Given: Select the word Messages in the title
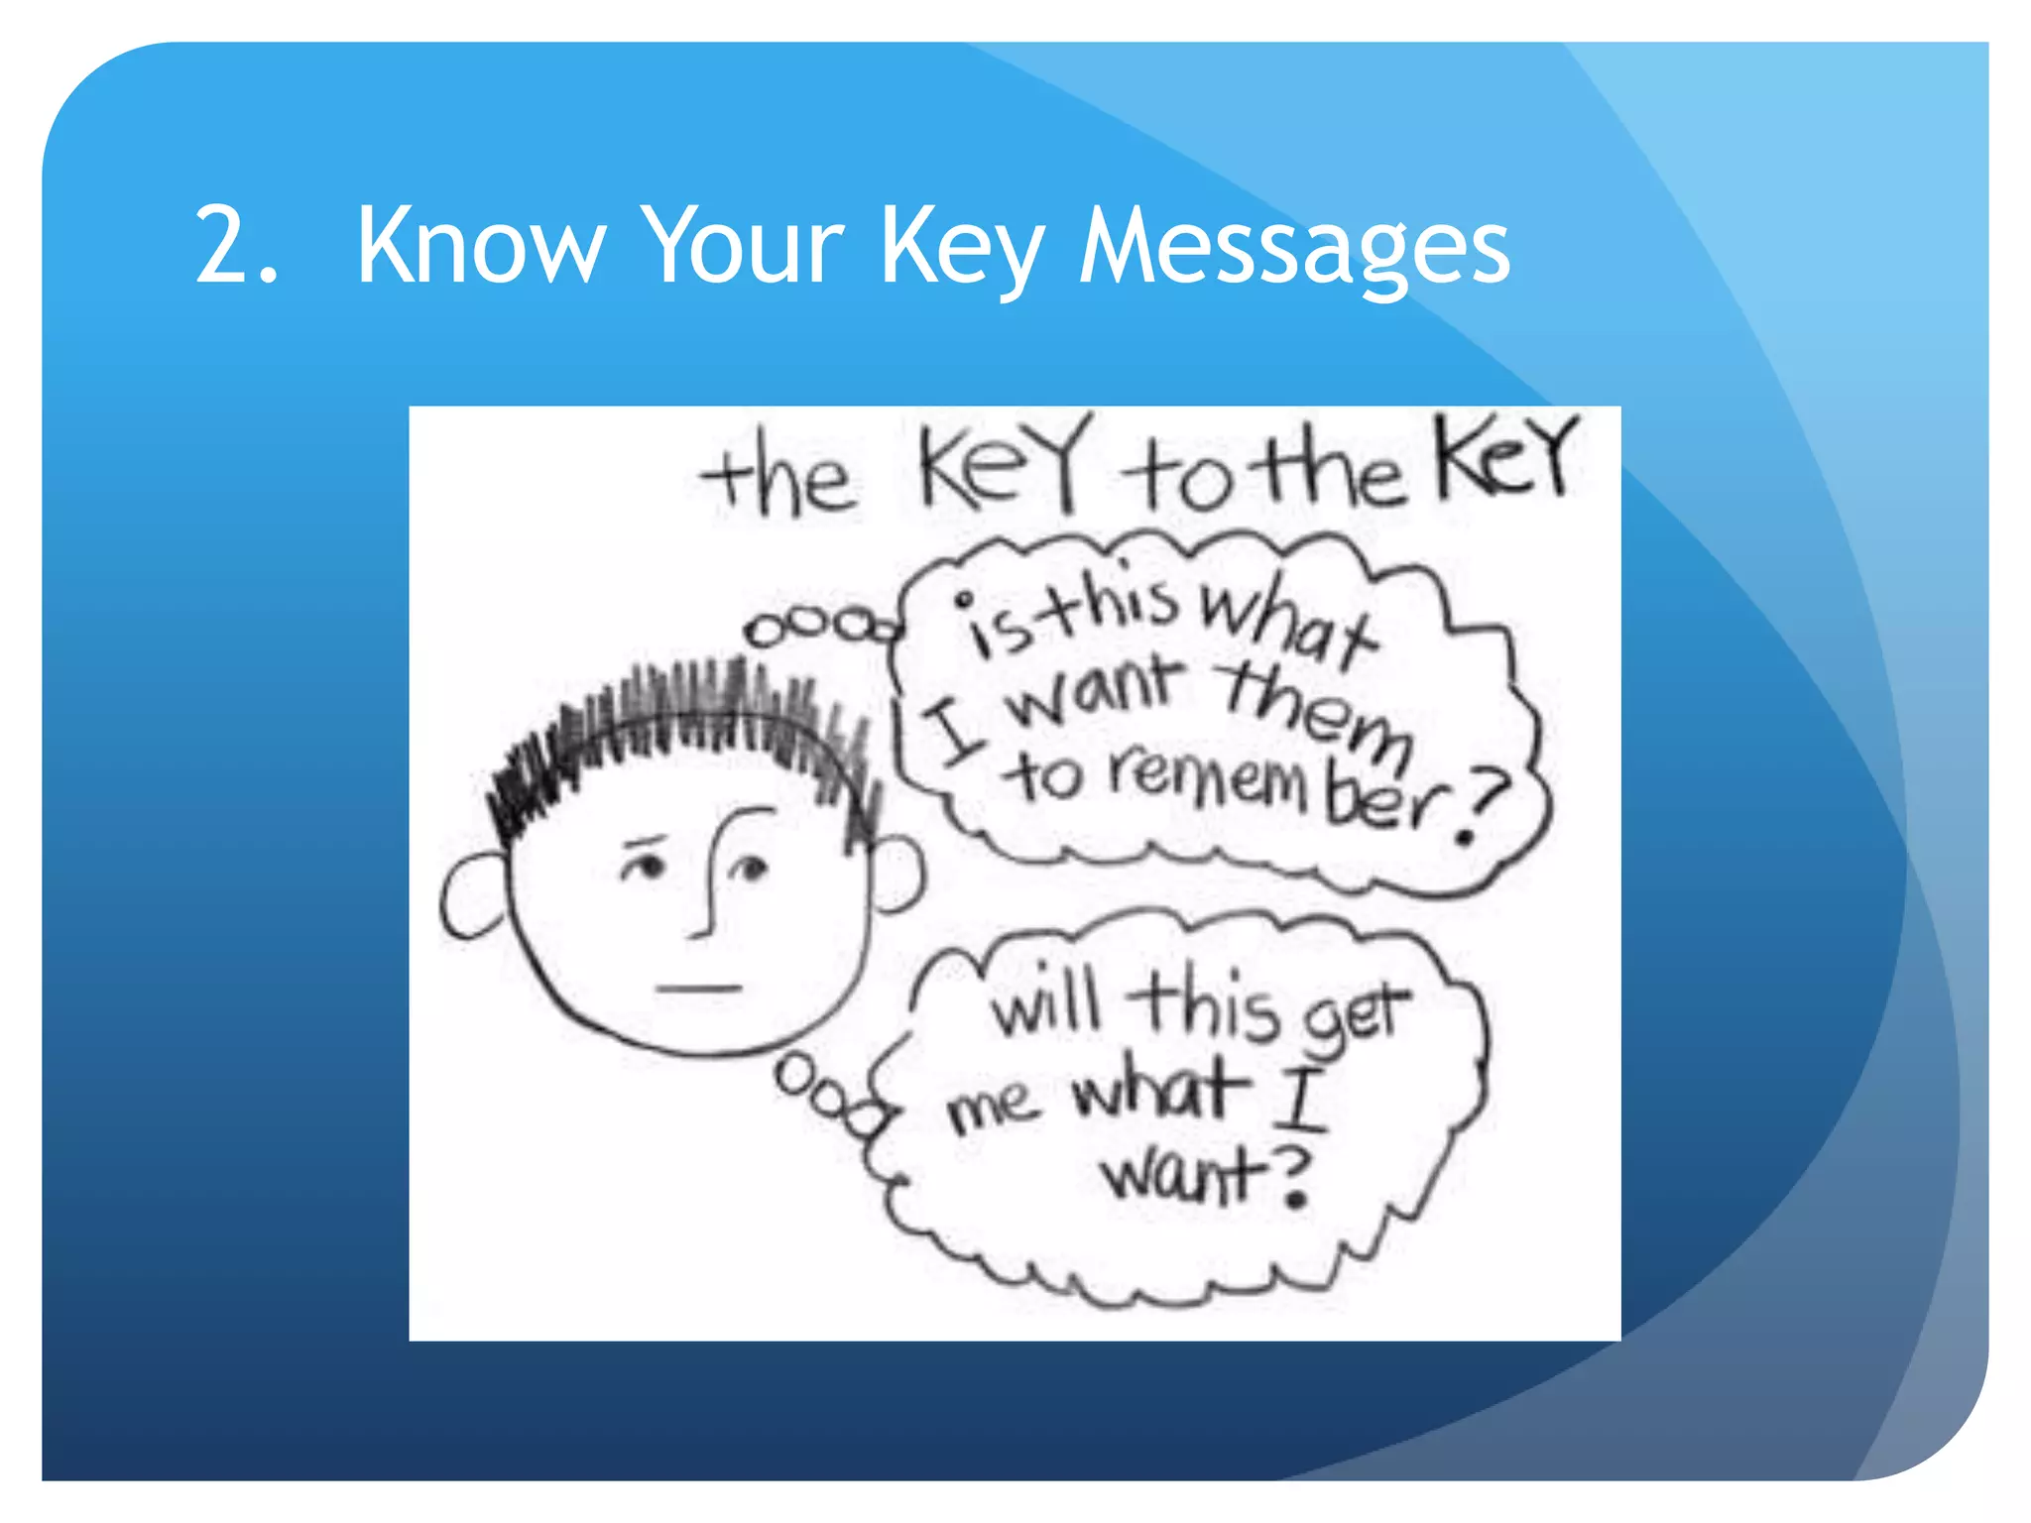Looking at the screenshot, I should click(x=1294, y=248).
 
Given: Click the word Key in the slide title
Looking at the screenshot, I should click(x=962, y=248).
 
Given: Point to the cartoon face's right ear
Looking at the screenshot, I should click(x=897, y=873).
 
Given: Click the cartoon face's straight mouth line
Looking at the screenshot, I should click(x=699, y=988).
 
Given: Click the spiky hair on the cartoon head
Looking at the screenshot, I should click(x=684, y=724).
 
